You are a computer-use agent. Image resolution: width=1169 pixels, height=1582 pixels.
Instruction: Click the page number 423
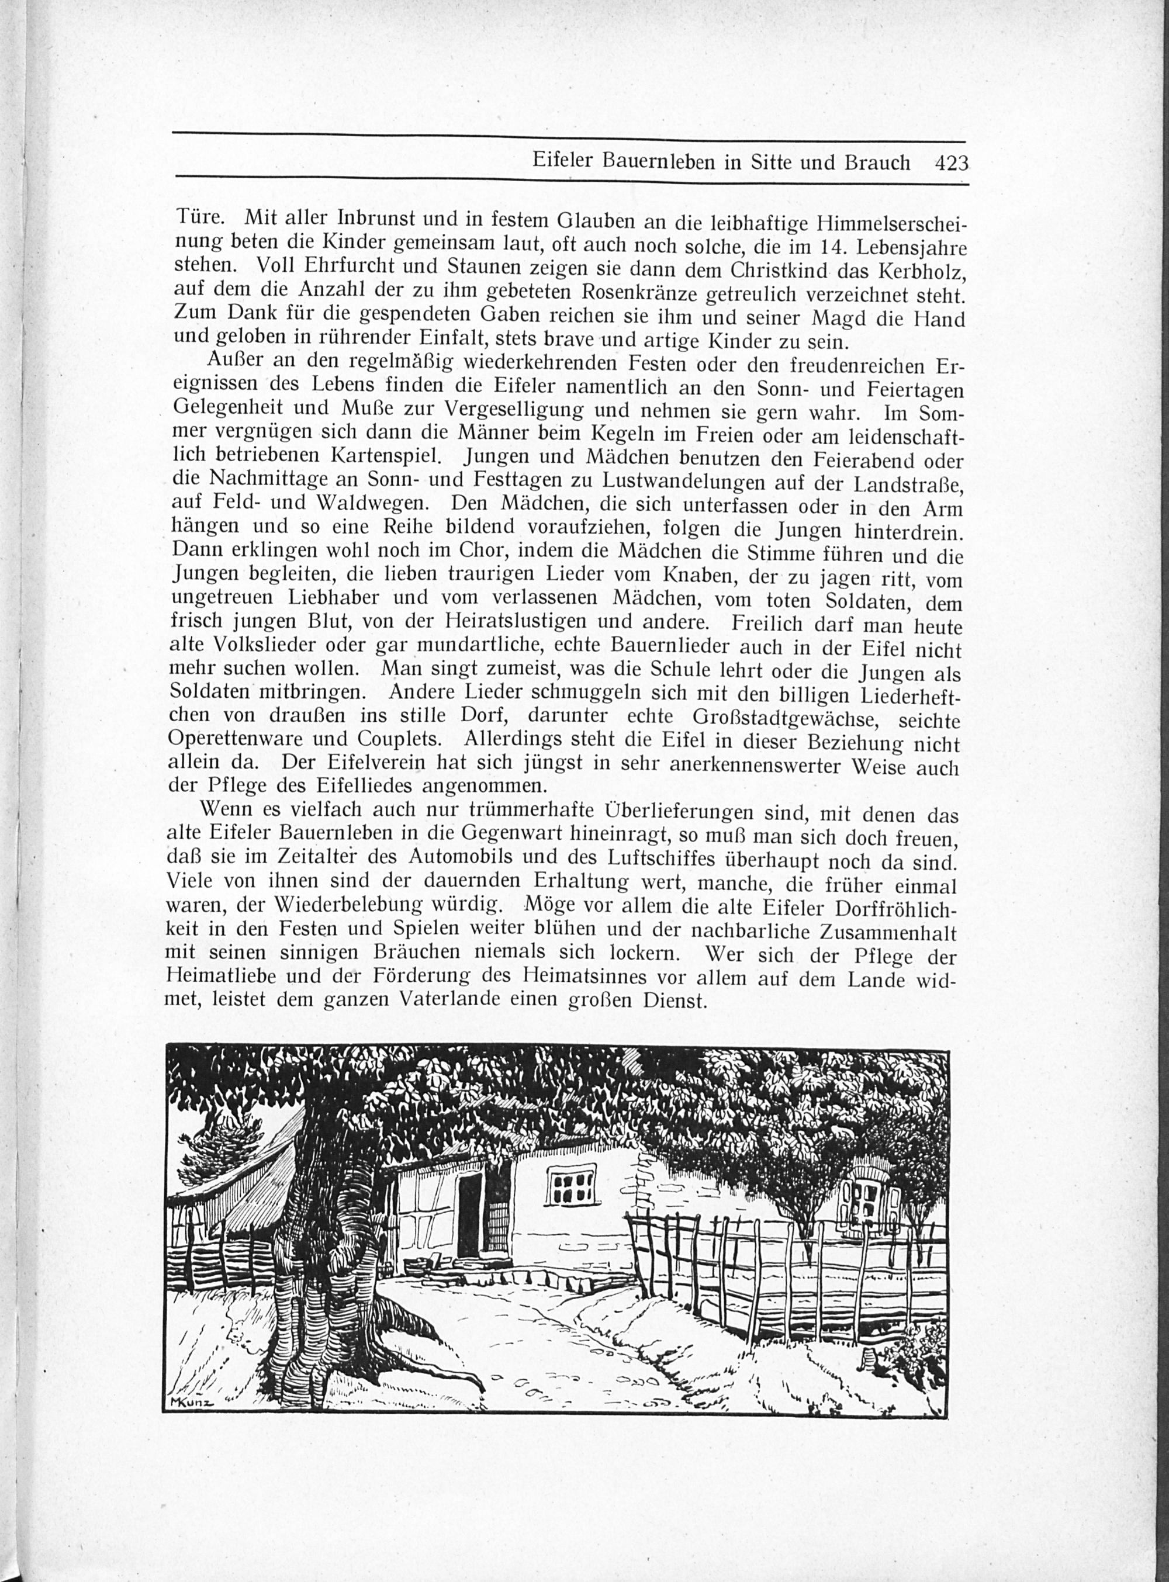click(950, 164)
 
